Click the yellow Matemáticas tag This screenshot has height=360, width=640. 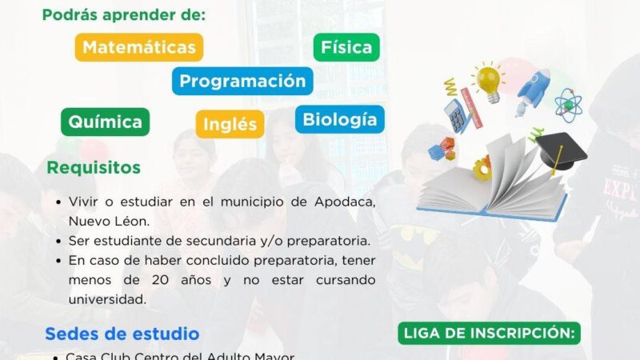(x=139, y=47)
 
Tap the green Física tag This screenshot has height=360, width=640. (x=346, y=47)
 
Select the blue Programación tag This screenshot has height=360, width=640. (x=242, y=81)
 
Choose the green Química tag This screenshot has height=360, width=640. (x=105, y=122)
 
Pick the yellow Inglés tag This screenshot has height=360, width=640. (x=230, y=125)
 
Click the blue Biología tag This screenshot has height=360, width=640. (x=340, y=119)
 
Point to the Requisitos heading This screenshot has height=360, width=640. (x=94, y=168)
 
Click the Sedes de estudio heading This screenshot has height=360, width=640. (x=122, y=333)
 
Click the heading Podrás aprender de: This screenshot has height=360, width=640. (x=124, y=15)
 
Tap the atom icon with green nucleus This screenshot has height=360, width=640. (x=568, y=104)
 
